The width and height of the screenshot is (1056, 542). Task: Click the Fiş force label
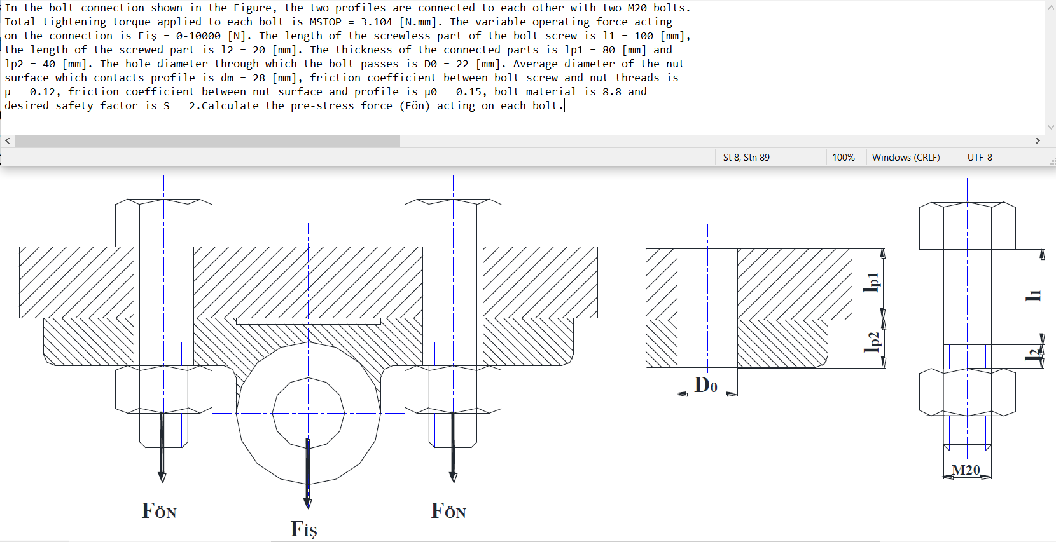click(303, 529)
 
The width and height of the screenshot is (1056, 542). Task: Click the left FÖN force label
click(159, 511)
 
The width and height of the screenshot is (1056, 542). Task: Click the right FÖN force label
click(448, 511)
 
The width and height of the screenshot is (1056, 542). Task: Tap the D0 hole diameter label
click(706, 385)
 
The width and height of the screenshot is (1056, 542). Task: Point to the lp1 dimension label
click(872, 283)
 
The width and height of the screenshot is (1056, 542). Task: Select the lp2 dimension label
click(873, 342)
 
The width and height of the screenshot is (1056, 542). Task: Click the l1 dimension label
click(1034, 295)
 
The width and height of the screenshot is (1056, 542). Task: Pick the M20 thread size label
click(966, 470)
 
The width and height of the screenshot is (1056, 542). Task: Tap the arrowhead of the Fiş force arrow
click(308, 503)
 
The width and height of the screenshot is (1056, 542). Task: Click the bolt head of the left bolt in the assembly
click(163, 222)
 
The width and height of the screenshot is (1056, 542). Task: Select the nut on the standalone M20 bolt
click(967, 392)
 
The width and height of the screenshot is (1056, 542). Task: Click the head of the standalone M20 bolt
click(967, 226)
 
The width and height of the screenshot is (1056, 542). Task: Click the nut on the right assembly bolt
click(453, 389)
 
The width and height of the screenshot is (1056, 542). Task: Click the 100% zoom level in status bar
click(844, 158)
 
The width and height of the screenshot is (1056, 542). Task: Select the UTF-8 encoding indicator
click(980, 158)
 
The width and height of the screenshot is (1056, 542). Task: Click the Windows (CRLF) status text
click(906, 158)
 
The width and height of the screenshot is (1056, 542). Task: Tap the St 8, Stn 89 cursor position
click(746, 158)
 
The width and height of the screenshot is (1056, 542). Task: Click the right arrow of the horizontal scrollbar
click(1038, 140)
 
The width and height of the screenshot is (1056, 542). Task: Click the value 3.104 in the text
click(377, 22)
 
